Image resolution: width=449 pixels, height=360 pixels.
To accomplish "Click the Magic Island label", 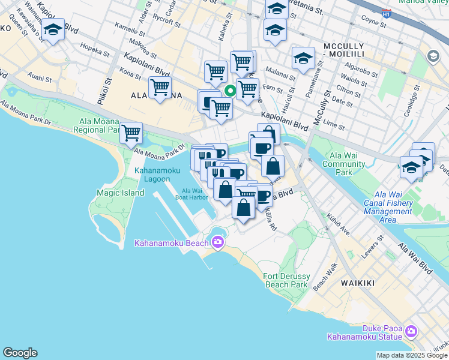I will tap(120, 193).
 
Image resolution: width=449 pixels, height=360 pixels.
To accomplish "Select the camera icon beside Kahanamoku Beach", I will tap(217, 242).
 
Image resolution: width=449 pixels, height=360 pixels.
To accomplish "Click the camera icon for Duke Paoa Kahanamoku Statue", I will tap(411, 331).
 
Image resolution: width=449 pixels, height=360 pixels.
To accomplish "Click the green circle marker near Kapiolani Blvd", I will tap(230, 91).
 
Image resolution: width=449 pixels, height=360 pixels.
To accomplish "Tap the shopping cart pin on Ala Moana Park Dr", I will tap(131, 133).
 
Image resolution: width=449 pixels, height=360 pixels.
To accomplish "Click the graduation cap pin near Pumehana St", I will tap(303, 59).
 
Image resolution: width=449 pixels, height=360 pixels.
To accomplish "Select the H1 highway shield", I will tap(386, 12).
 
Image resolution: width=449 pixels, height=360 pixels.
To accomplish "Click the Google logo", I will tap(20, 353).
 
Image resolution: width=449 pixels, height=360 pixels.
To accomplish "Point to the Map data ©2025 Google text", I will tap(411, 355).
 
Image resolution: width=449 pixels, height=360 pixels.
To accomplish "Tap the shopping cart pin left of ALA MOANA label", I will tap(160, 88).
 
